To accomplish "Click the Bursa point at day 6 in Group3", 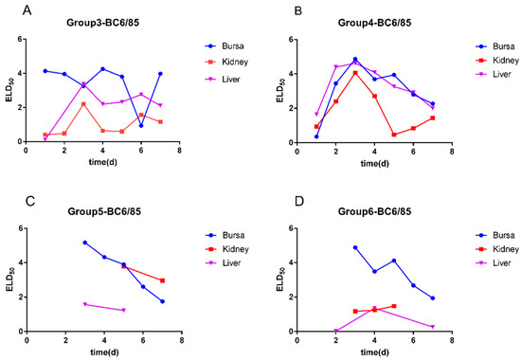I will [x=141, y=125].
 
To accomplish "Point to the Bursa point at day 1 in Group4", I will [x=316, y=136].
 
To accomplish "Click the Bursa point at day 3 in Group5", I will [x=85, y=243].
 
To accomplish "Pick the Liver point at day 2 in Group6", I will [x=336, y=331].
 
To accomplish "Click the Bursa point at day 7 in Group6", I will [x=432, y=297].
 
